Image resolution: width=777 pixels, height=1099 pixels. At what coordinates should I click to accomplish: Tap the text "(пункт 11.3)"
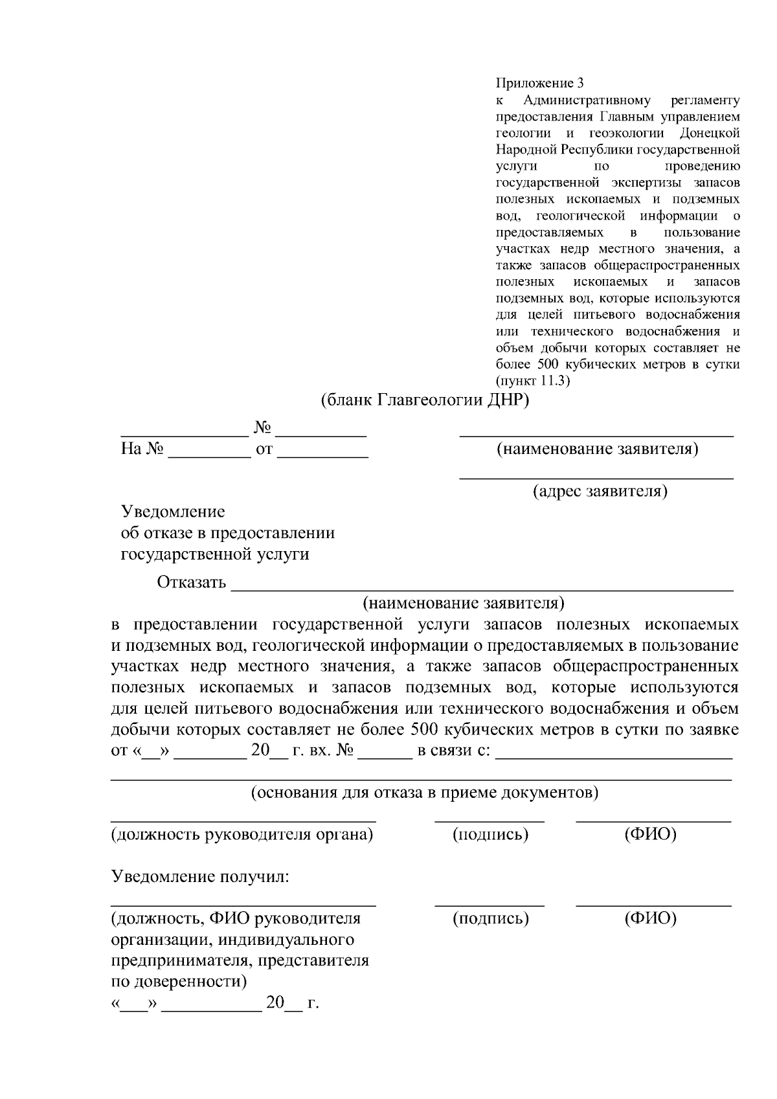tap(532, 381)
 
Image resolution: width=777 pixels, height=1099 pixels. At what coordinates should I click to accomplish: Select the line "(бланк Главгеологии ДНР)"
tap(425, 401)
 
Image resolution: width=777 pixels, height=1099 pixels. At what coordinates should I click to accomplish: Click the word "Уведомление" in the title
tap(174, 512)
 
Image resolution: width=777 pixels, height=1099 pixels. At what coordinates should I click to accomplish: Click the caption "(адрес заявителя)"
tap(600, 492)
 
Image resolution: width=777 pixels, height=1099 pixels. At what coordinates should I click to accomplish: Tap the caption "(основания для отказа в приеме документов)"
tap(424, 793)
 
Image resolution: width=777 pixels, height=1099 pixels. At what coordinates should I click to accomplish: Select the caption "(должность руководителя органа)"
tap(242, 834)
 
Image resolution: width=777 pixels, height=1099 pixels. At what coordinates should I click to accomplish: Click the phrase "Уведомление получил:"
tap(200, 877)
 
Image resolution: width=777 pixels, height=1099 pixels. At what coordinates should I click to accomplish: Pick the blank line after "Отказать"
tap(482, 590)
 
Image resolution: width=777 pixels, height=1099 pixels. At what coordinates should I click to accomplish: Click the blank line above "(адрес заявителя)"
tap(596, 478)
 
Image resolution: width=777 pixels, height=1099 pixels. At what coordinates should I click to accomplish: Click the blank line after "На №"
tap(209, 457)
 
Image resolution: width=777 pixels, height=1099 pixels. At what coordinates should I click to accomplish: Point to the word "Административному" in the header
tap(586, 100)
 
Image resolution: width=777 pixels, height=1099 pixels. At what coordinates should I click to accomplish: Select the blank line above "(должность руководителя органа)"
tap(243, 821)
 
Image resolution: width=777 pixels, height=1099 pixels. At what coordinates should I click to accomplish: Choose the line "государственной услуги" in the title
tap(215, 554)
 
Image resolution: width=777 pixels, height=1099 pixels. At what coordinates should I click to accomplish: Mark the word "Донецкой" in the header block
tap(710, 133)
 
